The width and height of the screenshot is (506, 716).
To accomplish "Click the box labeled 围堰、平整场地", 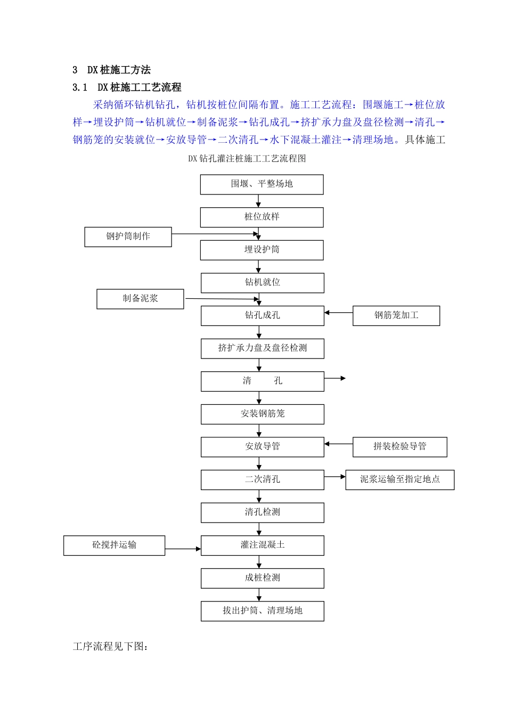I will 262,184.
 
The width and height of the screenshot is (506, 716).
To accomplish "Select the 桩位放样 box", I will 262,217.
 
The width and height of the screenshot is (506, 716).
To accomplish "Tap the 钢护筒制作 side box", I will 128,237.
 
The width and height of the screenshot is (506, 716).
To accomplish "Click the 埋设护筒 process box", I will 262,250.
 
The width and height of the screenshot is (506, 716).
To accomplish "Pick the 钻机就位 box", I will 262,283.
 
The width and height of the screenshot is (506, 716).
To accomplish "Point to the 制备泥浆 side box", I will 140,299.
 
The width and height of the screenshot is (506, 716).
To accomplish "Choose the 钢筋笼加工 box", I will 396,316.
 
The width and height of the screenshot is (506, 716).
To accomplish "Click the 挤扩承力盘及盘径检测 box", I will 262,348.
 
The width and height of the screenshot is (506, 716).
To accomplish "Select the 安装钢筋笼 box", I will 262,414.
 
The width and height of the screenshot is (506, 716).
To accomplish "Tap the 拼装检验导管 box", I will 399,447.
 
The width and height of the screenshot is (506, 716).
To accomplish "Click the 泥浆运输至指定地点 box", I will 399,479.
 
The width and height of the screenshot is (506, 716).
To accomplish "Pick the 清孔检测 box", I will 262,512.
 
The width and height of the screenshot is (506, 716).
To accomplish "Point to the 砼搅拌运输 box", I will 114,546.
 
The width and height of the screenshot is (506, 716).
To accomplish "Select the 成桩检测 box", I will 262,578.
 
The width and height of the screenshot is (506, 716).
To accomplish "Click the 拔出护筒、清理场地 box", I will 262,611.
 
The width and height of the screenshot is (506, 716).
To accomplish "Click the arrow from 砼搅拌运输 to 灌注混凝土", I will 183,549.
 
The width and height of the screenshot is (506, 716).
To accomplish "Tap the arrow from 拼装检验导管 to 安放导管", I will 338,444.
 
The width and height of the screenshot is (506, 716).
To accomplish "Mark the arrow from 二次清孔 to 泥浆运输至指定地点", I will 334,477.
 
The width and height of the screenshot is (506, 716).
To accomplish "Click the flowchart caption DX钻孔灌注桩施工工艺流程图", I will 247,159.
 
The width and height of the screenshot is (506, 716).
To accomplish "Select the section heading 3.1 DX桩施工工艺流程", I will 127,87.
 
